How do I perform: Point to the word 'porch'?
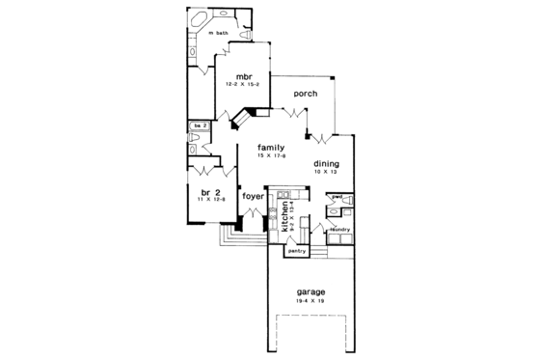(306, 94)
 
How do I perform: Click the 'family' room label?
(270, 147)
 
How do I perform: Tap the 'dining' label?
(326, 164)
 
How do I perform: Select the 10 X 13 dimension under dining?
(326, 174)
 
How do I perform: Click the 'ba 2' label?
(199, 125)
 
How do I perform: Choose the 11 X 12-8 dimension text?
(213, 201)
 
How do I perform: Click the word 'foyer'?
(254, 196)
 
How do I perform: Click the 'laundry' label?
(338, 230)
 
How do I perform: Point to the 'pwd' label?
(337, 197)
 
